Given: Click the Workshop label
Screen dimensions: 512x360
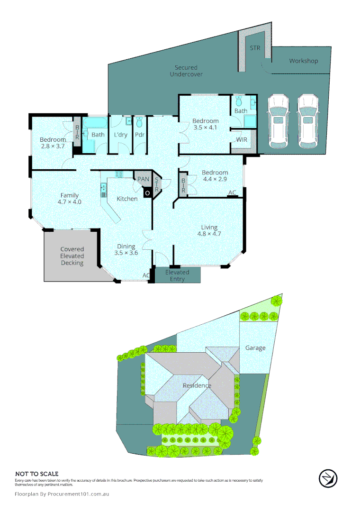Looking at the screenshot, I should (x=304, y=61).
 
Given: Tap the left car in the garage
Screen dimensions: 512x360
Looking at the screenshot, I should (x=277, y=121).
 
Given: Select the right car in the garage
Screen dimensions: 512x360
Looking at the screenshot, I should (x=307, y=121).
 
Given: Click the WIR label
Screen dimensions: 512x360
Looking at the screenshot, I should (x=242, y=140).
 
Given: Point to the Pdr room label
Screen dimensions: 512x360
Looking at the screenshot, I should (x=139, y=135).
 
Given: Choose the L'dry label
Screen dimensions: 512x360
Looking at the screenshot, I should (x=121, y=135).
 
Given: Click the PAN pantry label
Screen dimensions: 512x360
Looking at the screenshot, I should (x=143, y=179).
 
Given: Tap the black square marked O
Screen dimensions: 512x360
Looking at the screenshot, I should (x=147, y=192).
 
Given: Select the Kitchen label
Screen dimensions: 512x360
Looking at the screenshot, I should (x=127, y=199).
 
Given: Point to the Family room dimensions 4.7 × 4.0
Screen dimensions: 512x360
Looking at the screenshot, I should (x=69, y=202).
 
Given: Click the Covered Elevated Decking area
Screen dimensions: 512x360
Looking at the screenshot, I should (x=72, y=256).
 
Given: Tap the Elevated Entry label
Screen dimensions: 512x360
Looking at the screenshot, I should (x=177, y=276).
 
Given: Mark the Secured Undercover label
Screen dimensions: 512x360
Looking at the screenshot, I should (x=186, y=71).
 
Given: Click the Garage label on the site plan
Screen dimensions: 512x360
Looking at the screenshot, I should (x=255, y=347).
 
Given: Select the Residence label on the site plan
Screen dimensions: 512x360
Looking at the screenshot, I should (x=197, y=385).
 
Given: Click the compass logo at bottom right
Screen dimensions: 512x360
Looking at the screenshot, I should (x=328, y=478).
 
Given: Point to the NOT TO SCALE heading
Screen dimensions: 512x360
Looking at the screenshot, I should (x=37, y=474).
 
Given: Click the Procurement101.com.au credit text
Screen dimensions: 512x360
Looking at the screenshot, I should (x=62, y=494).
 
